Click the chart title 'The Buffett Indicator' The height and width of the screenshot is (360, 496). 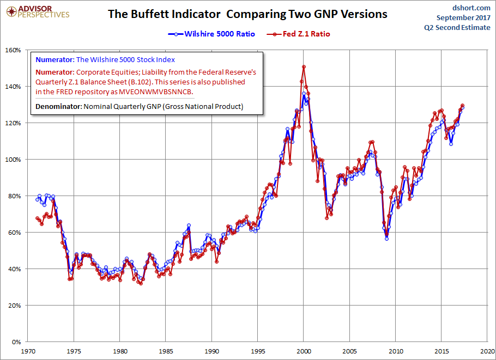[x=164, y=14]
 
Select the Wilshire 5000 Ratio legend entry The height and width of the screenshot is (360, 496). [x=211, y=34]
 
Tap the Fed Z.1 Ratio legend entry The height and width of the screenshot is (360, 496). [x=298, y=34]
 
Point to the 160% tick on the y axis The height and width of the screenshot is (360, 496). [x=13, y=50]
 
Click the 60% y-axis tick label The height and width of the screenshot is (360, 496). [x=15, y=233]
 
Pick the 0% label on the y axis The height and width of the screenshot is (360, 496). [x=16, y=341]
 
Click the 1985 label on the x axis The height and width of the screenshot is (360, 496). [x=166, y=351]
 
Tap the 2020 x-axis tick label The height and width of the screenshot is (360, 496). [x=487, y=351]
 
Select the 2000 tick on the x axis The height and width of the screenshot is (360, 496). [x=304, y=351]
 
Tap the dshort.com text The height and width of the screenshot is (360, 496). [x=471, y=8]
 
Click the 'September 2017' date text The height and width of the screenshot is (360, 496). [x=463, y=17]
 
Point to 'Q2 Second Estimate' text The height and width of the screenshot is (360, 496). [x=457, y=27]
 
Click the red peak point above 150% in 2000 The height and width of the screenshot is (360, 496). [x=304, y=66]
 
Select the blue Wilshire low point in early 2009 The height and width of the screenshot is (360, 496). [x=386, y=239]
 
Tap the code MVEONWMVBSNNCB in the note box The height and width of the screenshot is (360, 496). [x=155, y=92]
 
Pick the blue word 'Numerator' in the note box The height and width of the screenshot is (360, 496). [x=55, y=60]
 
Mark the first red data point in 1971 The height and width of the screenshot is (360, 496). [x=37, y=218]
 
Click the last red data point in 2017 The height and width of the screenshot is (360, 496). [x=462, y=105]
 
